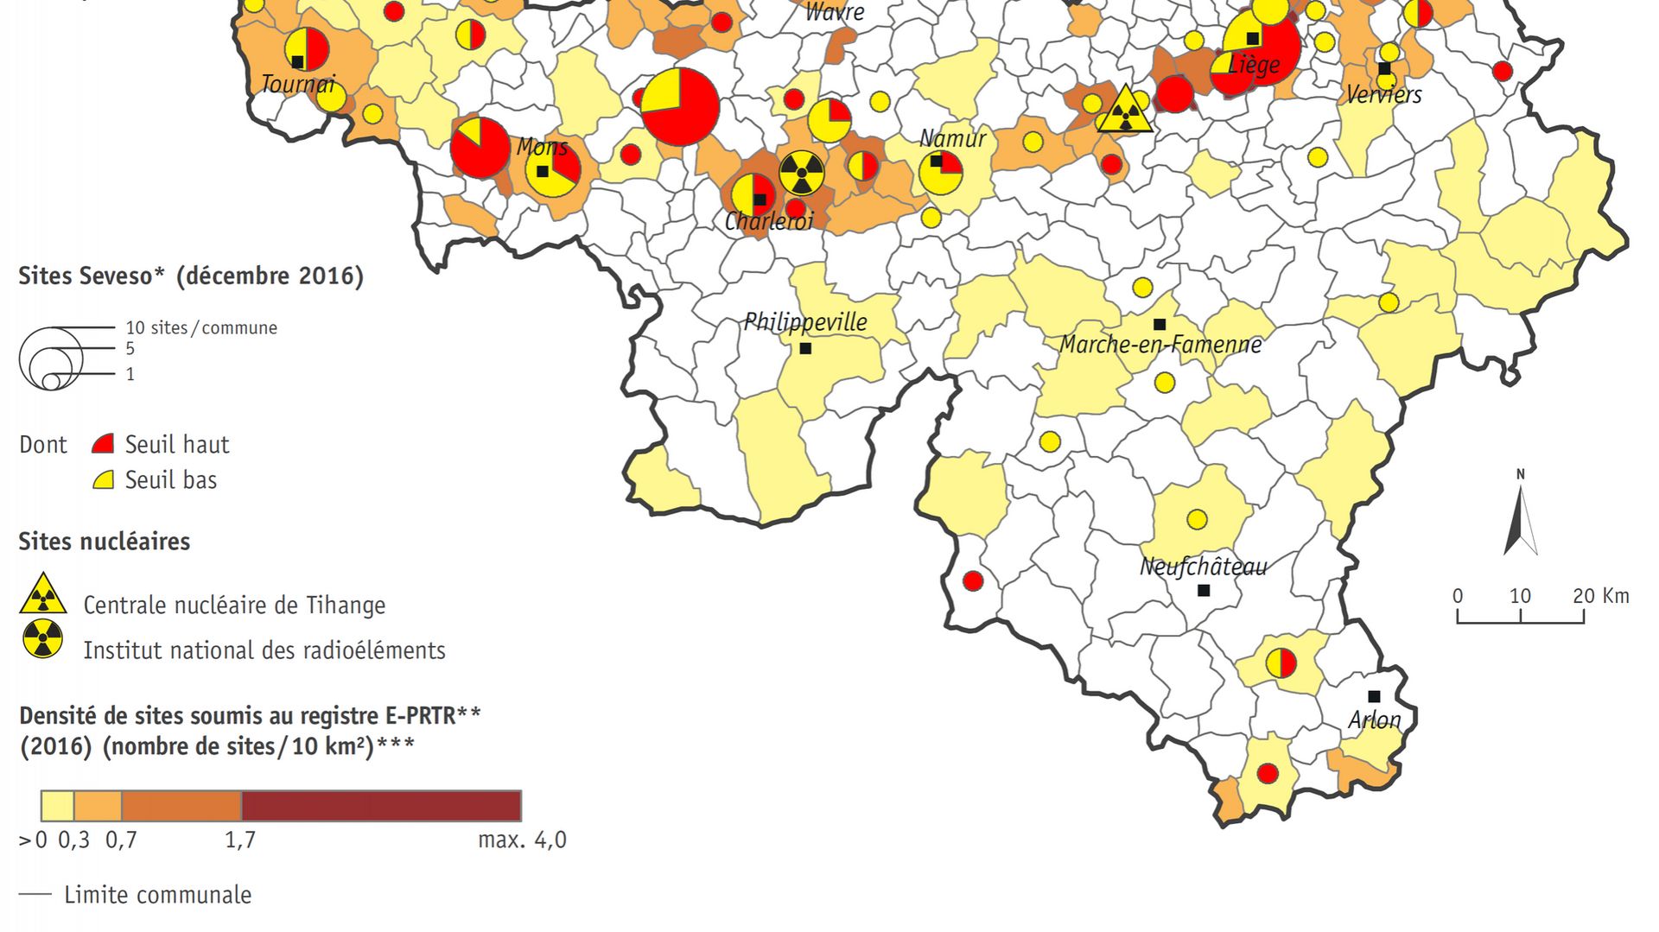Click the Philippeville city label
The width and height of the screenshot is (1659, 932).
[805, 322]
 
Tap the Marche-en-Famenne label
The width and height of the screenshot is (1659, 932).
[1160, 345]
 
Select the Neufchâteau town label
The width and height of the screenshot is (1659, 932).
[1203, 567]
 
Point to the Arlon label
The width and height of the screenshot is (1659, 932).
[1374, 720]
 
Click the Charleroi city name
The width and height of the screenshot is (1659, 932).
[769, 222]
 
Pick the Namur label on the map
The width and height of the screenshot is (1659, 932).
[952, 138]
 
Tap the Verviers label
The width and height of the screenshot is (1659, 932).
[1383, 94]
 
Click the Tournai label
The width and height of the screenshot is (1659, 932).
[298, 84]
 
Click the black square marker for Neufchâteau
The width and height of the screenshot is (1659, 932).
[1204, 591]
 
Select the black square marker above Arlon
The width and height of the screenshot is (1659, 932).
[1374, 696]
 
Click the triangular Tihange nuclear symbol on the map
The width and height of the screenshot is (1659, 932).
[1124, 111]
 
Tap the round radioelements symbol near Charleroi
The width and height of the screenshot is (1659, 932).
[802, 173]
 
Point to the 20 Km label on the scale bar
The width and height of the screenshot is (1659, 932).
[1600, 596]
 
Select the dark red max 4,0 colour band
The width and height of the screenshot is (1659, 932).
[381, 806]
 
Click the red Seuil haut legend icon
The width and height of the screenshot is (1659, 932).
[103, 445]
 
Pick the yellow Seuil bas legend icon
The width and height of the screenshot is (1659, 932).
[103, 480]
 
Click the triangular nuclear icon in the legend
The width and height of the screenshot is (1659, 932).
[42, 593]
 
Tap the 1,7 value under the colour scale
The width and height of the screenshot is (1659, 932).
[240, 840]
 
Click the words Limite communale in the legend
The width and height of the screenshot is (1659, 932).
[157, 895]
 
